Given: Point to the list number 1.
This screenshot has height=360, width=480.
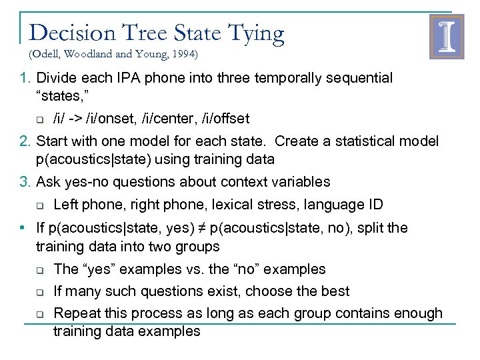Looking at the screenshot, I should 24,78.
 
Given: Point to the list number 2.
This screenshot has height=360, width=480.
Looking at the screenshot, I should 24,141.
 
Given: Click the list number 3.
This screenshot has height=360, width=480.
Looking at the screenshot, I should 24,182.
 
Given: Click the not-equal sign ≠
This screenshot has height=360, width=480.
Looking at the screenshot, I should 200,228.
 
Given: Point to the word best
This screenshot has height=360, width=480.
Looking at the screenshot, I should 335,291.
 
